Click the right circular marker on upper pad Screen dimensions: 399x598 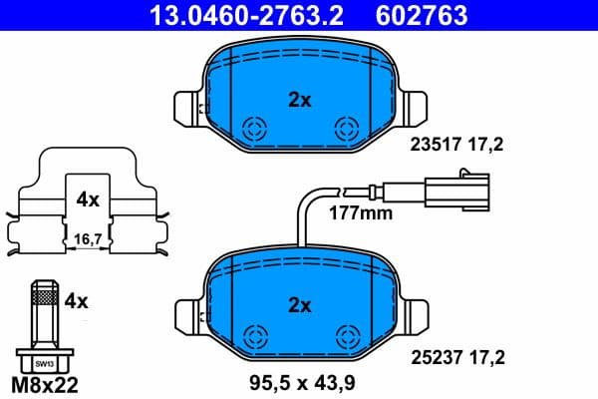pos(346,128)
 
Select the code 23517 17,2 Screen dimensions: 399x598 pos(457,145)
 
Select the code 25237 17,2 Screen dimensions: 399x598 pos(457,352)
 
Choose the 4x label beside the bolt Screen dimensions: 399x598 pos(76,298)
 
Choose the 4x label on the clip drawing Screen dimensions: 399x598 pos(87,199)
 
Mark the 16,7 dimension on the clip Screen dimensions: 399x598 pos(87,238)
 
